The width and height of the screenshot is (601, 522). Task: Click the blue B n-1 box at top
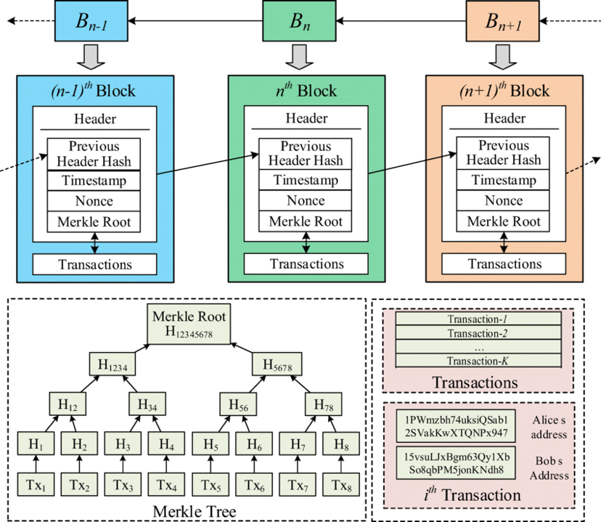click(91, 22)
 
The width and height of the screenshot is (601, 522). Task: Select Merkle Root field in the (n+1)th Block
click(503, 221)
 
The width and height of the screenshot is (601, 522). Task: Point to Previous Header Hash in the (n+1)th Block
click(503, 152)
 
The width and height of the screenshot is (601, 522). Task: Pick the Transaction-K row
click(478, 360)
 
